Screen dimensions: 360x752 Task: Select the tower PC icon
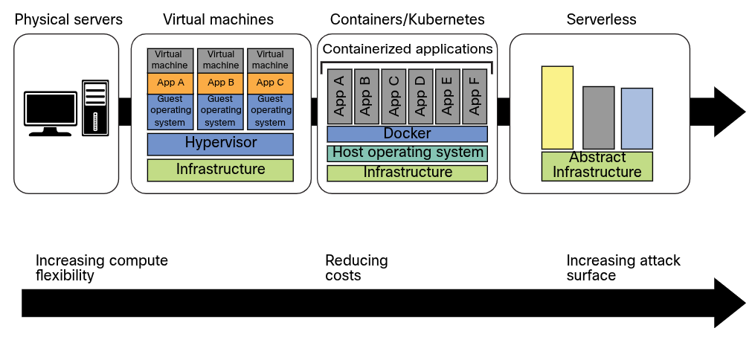click(x=95, y=107)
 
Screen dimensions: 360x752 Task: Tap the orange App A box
click(x=170, y=83)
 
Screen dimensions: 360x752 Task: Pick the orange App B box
click(x=220, y=83)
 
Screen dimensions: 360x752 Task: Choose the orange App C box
click(x=270, y=83)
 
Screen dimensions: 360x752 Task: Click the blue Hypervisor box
click(x=220, y=143)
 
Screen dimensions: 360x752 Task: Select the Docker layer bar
click(x=407, y=134)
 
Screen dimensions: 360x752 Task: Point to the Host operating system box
click(x=407, y=153)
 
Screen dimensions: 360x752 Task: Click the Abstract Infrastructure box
click(x=597, y=166)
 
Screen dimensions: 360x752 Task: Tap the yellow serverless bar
click(x=557, y=108)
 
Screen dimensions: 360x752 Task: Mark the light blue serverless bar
click(x=637, y=118)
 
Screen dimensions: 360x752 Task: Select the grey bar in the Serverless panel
click(x=598, y=118)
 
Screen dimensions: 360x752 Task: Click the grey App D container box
click(x=420, y=97)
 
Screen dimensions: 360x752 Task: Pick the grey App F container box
click(x=474, y=97)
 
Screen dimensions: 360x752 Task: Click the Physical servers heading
click(x=68, y=19)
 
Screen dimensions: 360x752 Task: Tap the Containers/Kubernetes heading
click(x=407, y=19)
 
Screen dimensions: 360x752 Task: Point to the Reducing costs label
click(x=356, y=268)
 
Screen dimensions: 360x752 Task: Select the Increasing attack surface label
click(x=623, y=268)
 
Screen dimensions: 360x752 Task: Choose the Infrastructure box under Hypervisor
click(x=220, y=170)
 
